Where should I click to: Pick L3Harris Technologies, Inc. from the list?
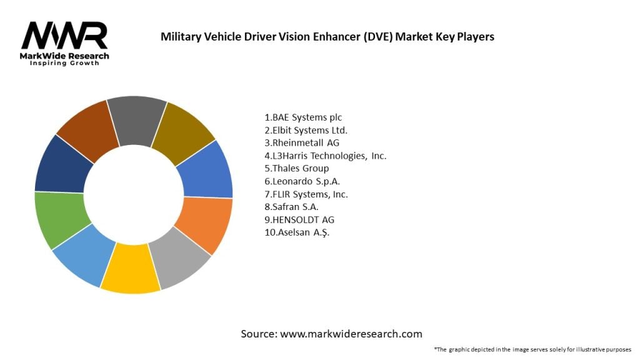click(x=325, y=156)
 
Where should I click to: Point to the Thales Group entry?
click(x=296, y=169)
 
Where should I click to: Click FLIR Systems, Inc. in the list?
click(x=306, y=194)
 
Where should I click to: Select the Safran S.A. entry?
click(x=291, y=207)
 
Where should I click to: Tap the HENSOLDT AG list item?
click(x=295, y=220)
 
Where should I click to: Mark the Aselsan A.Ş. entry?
click(x=296, y=232)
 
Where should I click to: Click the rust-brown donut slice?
click(x=87, y=127)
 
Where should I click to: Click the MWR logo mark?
click(x=64, y=36)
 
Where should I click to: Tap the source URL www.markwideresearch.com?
click(x=351, y=334)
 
